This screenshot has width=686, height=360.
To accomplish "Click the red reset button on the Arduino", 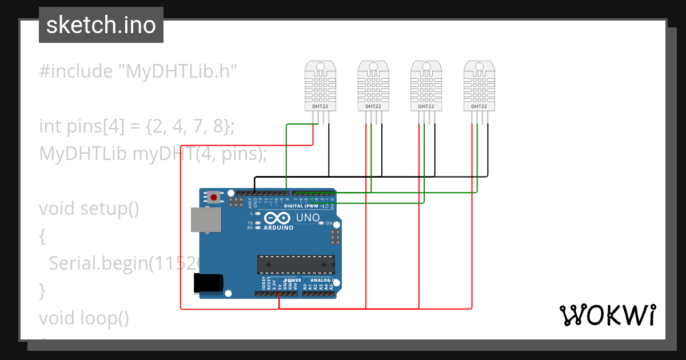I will coord(214,197).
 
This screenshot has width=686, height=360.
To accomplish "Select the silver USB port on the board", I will coord(206,220).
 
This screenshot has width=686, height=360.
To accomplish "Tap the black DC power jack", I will coord(209,283).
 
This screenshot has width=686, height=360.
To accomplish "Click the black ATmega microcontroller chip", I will coord(296,265).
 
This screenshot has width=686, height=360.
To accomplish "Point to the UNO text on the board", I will coord(308,218).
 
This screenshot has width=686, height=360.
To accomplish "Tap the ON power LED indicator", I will coord(321,223).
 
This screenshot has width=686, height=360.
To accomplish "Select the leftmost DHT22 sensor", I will coord(321,86).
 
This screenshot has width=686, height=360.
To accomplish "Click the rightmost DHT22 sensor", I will coord(479,86).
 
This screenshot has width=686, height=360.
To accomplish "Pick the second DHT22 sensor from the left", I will coord(373,86).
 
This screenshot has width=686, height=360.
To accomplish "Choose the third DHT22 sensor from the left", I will coord(426,86).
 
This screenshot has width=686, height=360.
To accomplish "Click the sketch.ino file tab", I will coord(101,25).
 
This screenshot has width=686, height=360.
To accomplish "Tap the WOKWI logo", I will coord(607,315).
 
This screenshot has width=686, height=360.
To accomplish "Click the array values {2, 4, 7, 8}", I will coord(190,126).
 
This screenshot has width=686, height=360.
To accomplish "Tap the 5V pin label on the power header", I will coord(279,286).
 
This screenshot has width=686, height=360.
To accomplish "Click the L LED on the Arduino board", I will coord(259,213).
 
